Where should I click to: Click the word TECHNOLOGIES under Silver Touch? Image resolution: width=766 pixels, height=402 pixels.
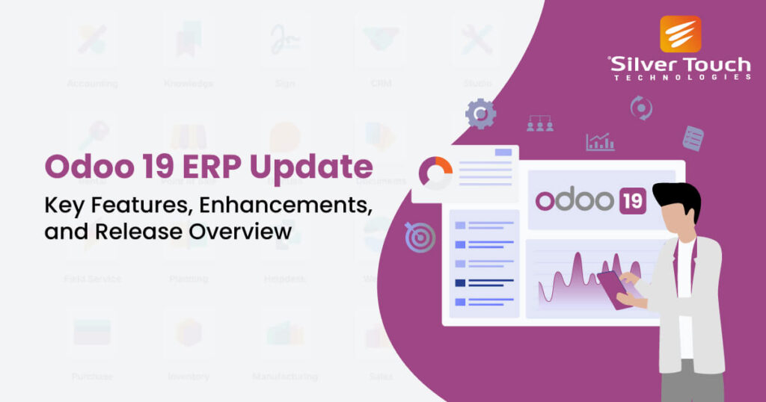pos(681,78)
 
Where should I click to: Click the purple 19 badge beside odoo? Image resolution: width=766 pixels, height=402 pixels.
pos(632,200)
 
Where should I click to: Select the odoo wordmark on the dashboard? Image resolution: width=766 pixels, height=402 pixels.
pos(574,200)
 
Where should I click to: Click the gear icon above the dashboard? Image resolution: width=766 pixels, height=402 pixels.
pos(480,114)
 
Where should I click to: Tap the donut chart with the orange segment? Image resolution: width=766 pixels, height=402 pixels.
pos(435,173)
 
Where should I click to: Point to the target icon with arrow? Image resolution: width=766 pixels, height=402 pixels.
pos(420,238)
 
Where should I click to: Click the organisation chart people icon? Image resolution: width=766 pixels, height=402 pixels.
pos(540,123)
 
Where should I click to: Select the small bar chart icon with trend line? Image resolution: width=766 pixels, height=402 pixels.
pos(600,141)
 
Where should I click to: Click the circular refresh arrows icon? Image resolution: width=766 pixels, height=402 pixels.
pos(641,108)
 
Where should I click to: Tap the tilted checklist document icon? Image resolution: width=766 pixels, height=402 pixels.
pos(693,138)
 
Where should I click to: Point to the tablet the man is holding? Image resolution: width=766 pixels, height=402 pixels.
pos(612,288)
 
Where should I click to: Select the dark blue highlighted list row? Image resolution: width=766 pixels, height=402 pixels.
pos(485,282)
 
